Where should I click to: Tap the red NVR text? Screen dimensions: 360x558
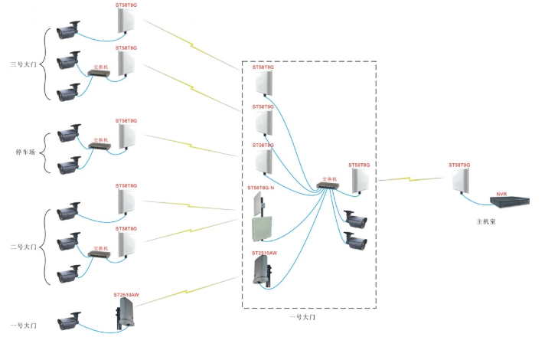(502, 195)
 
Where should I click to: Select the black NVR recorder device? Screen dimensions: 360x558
(510, 202)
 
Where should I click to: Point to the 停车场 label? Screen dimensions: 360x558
(25, 151)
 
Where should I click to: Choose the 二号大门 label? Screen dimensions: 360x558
(25, 247)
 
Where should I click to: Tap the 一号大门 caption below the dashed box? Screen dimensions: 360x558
(302, 316)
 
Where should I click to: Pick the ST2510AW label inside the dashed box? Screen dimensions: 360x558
(264, 252)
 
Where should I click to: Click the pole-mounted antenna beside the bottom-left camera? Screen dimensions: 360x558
(125, 314)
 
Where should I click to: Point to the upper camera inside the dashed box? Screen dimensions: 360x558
(356, 220)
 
